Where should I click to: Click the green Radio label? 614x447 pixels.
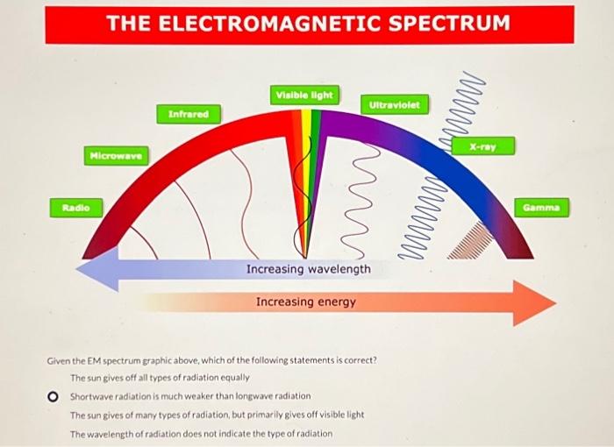coord(76,207)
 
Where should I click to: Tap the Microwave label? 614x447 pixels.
coord(117,156)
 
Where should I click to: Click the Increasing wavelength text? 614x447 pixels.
coord(308,268)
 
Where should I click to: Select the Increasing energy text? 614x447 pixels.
coord(306,302)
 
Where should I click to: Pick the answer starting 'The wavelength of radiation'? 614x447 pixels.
coord(201,434)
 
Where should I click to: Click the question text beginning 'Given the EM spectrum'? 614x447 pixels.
coord(211,360)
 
